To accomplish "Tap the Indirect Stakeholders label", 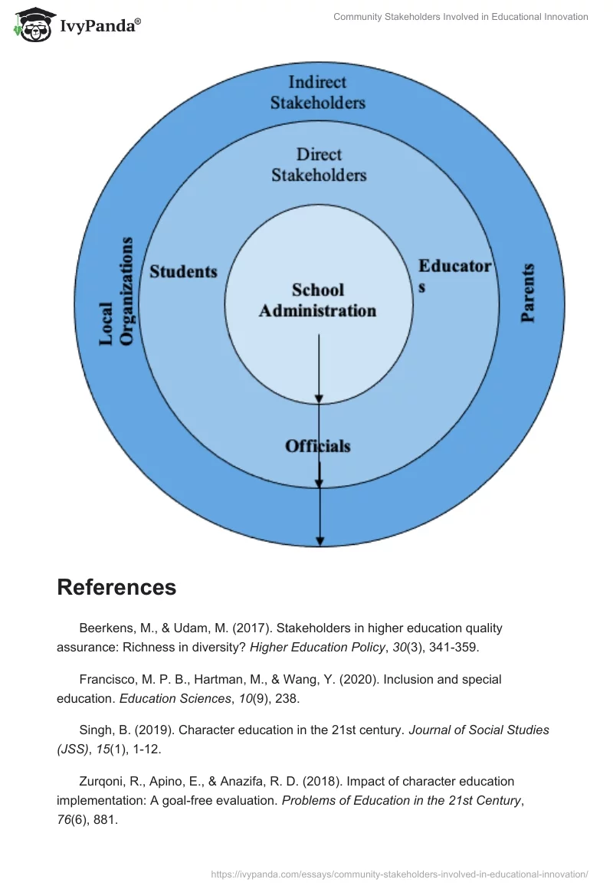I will tap(317, 92).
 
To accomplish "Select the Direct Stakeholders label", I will tap(319, 165).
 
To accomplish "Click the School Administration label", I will tap(317, 300).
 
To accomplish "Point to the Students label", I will tap(183, 271).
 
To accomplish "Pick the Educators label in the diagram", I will tap(454, 275).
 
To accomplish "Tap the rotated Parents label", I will tap(528, 293).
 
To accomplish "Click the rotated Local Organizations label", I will tap(116, 291).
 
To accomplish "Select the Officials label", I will tap(317, 445).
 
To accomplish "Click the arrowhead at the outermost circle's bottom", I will tap(320, 540).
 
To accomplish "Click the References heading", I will tap(116, 587).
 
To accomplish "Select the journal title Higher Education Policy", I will tap(316, 647).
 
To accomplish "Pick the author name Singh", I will tap(95, 730).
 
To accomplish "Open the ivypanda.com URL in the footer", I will tap(399, 874).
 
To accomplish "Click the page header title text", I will tap(461, 17).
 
